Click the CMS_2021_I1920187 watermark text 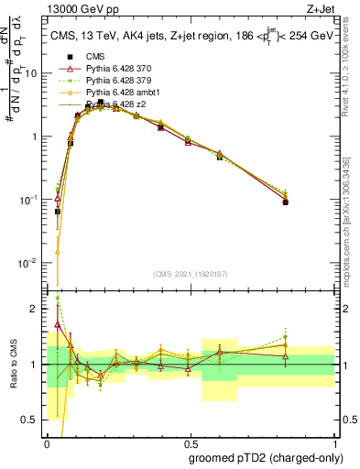click(x=190, y=274)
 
